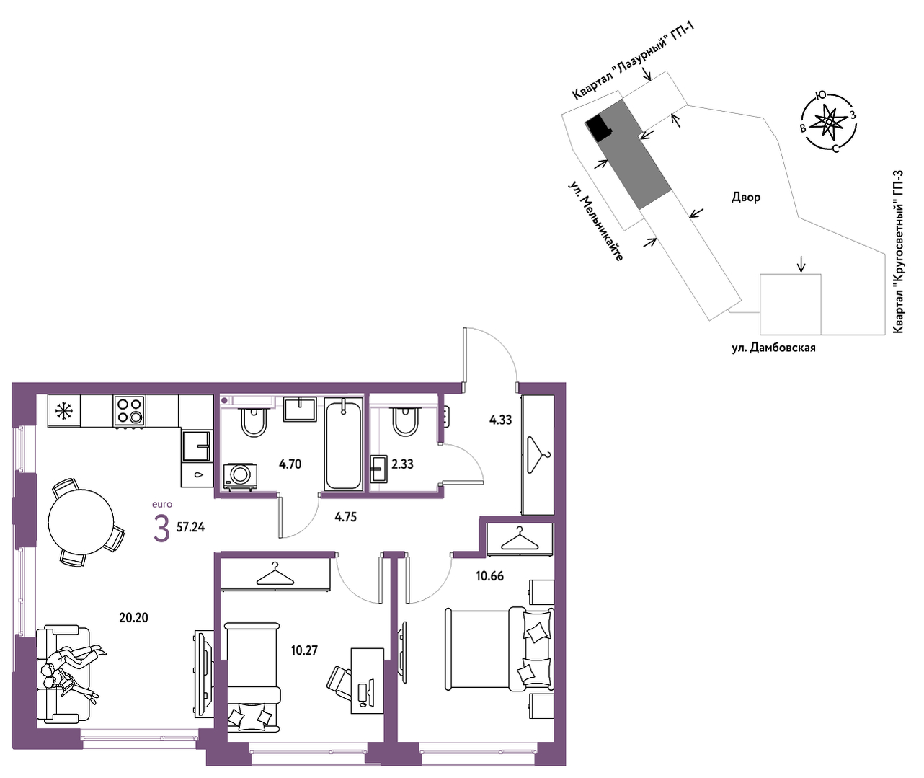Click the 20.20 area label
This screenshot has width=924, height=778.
pyautogui.click(x=133, y=617)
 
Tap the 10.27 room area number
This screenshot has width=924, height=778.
pyautogui.click(x=304, y=650)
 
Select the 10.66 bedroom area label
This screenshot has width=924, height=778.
pyautogui.click(x=490, y=576)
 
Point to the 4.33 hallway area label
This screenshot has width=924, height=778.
pyautogui.click(x=500, y=420)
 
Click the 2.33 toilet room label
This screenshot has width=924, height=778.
pyautogui.click(x=403, y=464)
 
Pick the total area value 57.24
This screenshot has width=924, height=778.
pyautogui.click(x=191, y=527)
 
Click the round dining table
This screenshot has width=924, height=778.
pyautogui.click(x=81, y=521)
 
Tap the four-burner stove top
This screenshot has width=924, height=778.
pyautogui.click(x=129, y=410)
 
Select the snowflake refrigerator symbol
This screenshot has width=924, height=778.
pyautogui.click(x=64, y=411)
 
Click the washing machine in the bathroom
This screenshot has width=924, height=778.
pyautogui.click(x=240, y=477)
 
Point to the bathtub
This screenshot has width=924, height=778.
pyautogui.click(x=343, y=443)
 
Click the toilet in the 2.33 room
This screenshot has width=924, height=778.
pyautogui.click(x=405, y=422)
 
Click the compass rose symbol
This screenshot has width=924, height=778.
pyautogui.click(x=828, y=121)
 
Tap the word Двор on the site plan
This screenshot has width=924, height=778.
pyautogui.click(x=746, y=197)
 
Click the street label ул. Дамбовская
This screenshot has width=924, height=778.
pyautogui.click(x=773, y=348)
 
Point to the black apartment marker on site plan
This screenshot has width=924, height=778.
pyautogui.click(x=599, y=128)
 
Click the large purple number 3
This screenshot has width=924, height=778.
pyautogui.click(x=162, y=529)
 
